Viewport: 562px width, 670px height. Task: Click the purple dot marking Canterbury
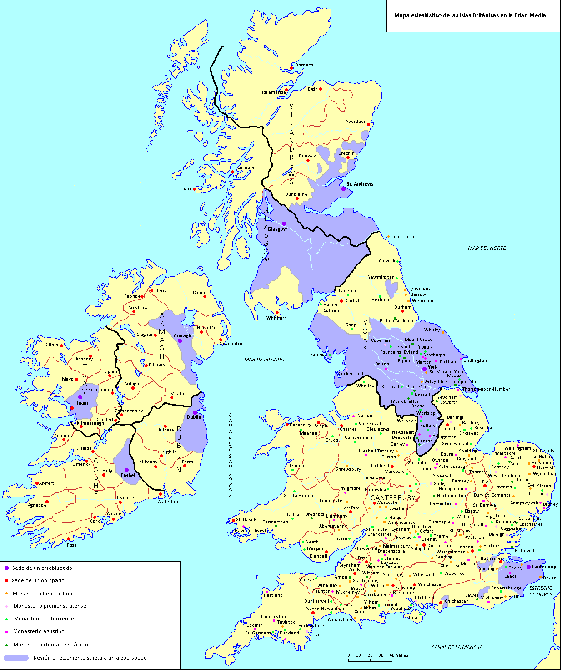tap(528, 567)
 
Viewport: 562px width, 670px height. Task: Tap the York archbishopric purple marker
tap(424, 369)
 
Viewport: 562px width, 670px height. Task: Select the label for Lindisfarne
tap(403, 237)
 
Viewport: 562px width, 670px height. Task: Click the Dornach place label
tap(304, 65)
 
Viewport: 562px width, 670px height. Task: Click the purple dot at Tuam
tap(80, 397)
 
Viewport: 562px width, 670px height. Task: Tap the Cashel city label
tap(128, 475)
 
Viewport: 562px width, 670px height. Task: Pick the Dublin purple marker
tap(195, 413)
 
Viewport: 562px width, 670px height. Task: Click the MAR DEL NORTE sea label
tap(487, 248)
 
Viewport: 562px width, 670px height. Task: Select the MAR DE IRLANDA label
tap(264, 360)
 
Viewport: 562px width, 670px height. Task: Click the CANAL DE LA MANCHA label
tap(457, 647)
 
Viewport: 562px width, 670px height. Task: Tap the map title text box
tap(470, 15)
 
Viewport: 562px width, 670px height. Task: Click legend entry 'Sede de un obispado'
tap(38, 580)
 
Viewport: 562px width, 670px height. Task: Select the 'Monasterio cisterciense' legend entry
tap(44, 619)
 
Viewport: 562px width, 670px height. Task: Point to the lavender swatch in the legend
tap(16, 658)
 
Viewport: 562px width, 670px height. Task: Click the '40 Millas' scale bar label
tap(399, 655)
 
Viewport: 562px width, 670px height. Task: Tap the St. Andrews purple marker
tap(343, 189)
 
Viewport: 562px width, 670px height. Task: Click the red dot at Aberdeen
tap(369, 124)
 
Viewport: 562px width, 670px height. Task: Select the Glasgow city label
tap(277, 229)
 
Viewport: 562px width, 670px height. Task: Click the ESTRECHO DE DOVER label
tap(541, 591)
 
